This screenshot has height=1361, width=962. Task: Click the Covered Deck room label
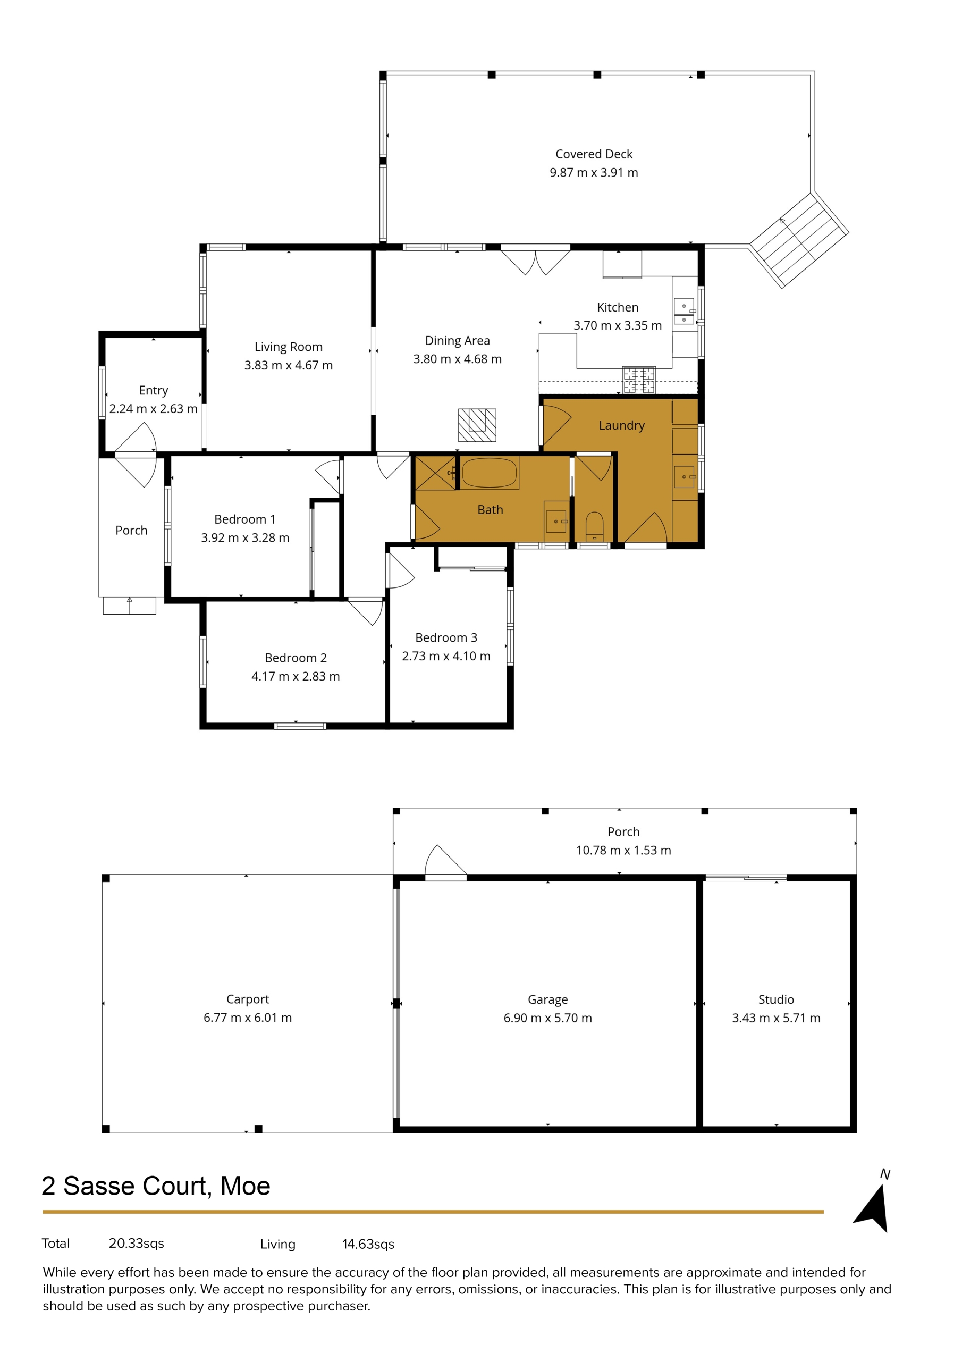pos(594,154)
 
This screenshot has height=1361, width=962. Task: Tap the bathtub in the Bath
pos(490,473)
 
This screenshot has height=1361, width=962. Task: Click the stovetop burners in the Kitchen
pos(639,380)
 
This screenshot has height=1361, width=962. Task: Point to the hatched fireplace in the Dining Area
pos(477,425)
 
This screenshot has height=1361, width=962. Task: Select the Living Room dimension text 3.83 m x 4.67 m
pos(289,365)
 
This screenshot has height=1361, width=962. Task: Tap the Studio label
pos(776,999)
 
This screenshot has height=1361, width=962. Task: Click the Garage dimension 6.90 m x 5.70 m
pos(547,1018)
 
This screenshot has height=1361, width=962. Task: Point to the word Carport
pos(248,999)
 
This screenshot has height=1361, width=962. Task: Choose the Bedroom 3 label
pos(446,637)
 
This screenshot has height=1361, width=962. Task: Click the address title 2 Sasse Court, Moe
pos(156,1186)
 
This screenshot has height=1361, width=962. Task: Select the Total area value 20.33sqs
pos(137,1243)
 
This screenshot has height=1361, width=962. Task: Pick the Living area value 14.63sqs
pos(368,1244)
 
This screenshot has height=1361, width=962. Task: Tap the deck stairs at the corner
pos(799,239)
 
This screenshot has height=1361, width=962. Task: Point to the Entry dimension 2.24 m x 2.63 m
pos(154,408)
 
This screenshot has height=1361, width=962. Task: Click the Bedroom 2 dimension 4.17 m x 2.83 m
pos(296,676)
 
